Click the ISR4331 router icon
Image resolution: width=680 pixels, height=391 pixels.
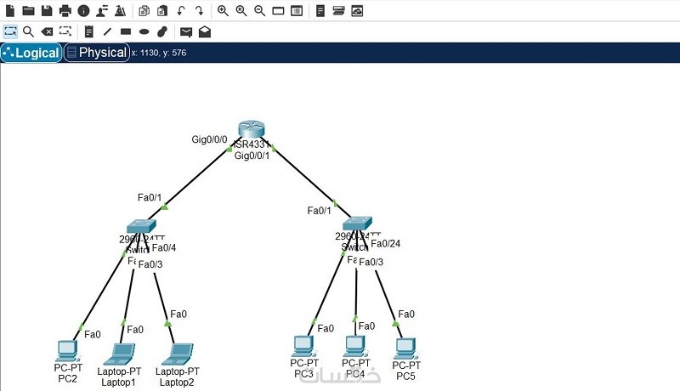252,129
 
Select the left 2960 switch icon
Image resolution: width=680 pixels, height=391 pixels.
138,226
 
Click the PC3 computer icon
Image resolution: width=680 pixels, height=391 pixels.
303,345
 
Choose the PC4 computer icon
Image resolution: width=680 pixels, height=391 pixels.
355,346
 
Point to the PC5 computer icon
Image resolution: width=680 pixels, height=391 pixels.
405,348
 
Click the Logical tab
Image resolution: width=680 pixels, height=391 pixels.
31,53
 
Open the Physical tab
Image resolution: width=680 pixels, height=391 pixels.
96,53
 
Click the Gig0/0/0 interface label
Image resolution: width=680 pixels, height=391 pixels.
209,139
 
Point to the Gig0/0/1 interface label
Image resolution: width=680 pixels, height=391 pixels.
252,156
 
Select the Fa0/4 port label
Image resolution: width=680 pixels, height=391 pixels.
164,248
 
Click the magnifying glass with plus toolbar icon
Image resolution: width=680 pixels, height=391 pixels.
223,11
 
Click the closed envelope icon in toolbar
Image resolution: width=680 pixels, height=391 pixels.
186,31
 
